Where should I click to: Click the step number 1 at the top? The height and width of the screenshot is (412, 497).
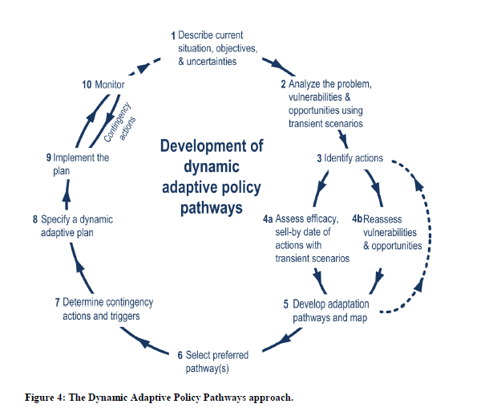pos(173,36)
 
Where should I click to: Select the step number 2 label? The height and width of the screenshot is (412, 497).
pos(283,84)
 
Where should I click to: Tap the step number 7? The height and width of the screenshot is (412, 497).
pos(57,303)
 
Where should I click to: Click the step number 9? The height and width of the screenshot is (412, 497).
pos(49,158)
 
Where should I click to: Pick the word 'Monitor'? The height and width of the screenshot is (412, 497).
pos(111,84)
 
